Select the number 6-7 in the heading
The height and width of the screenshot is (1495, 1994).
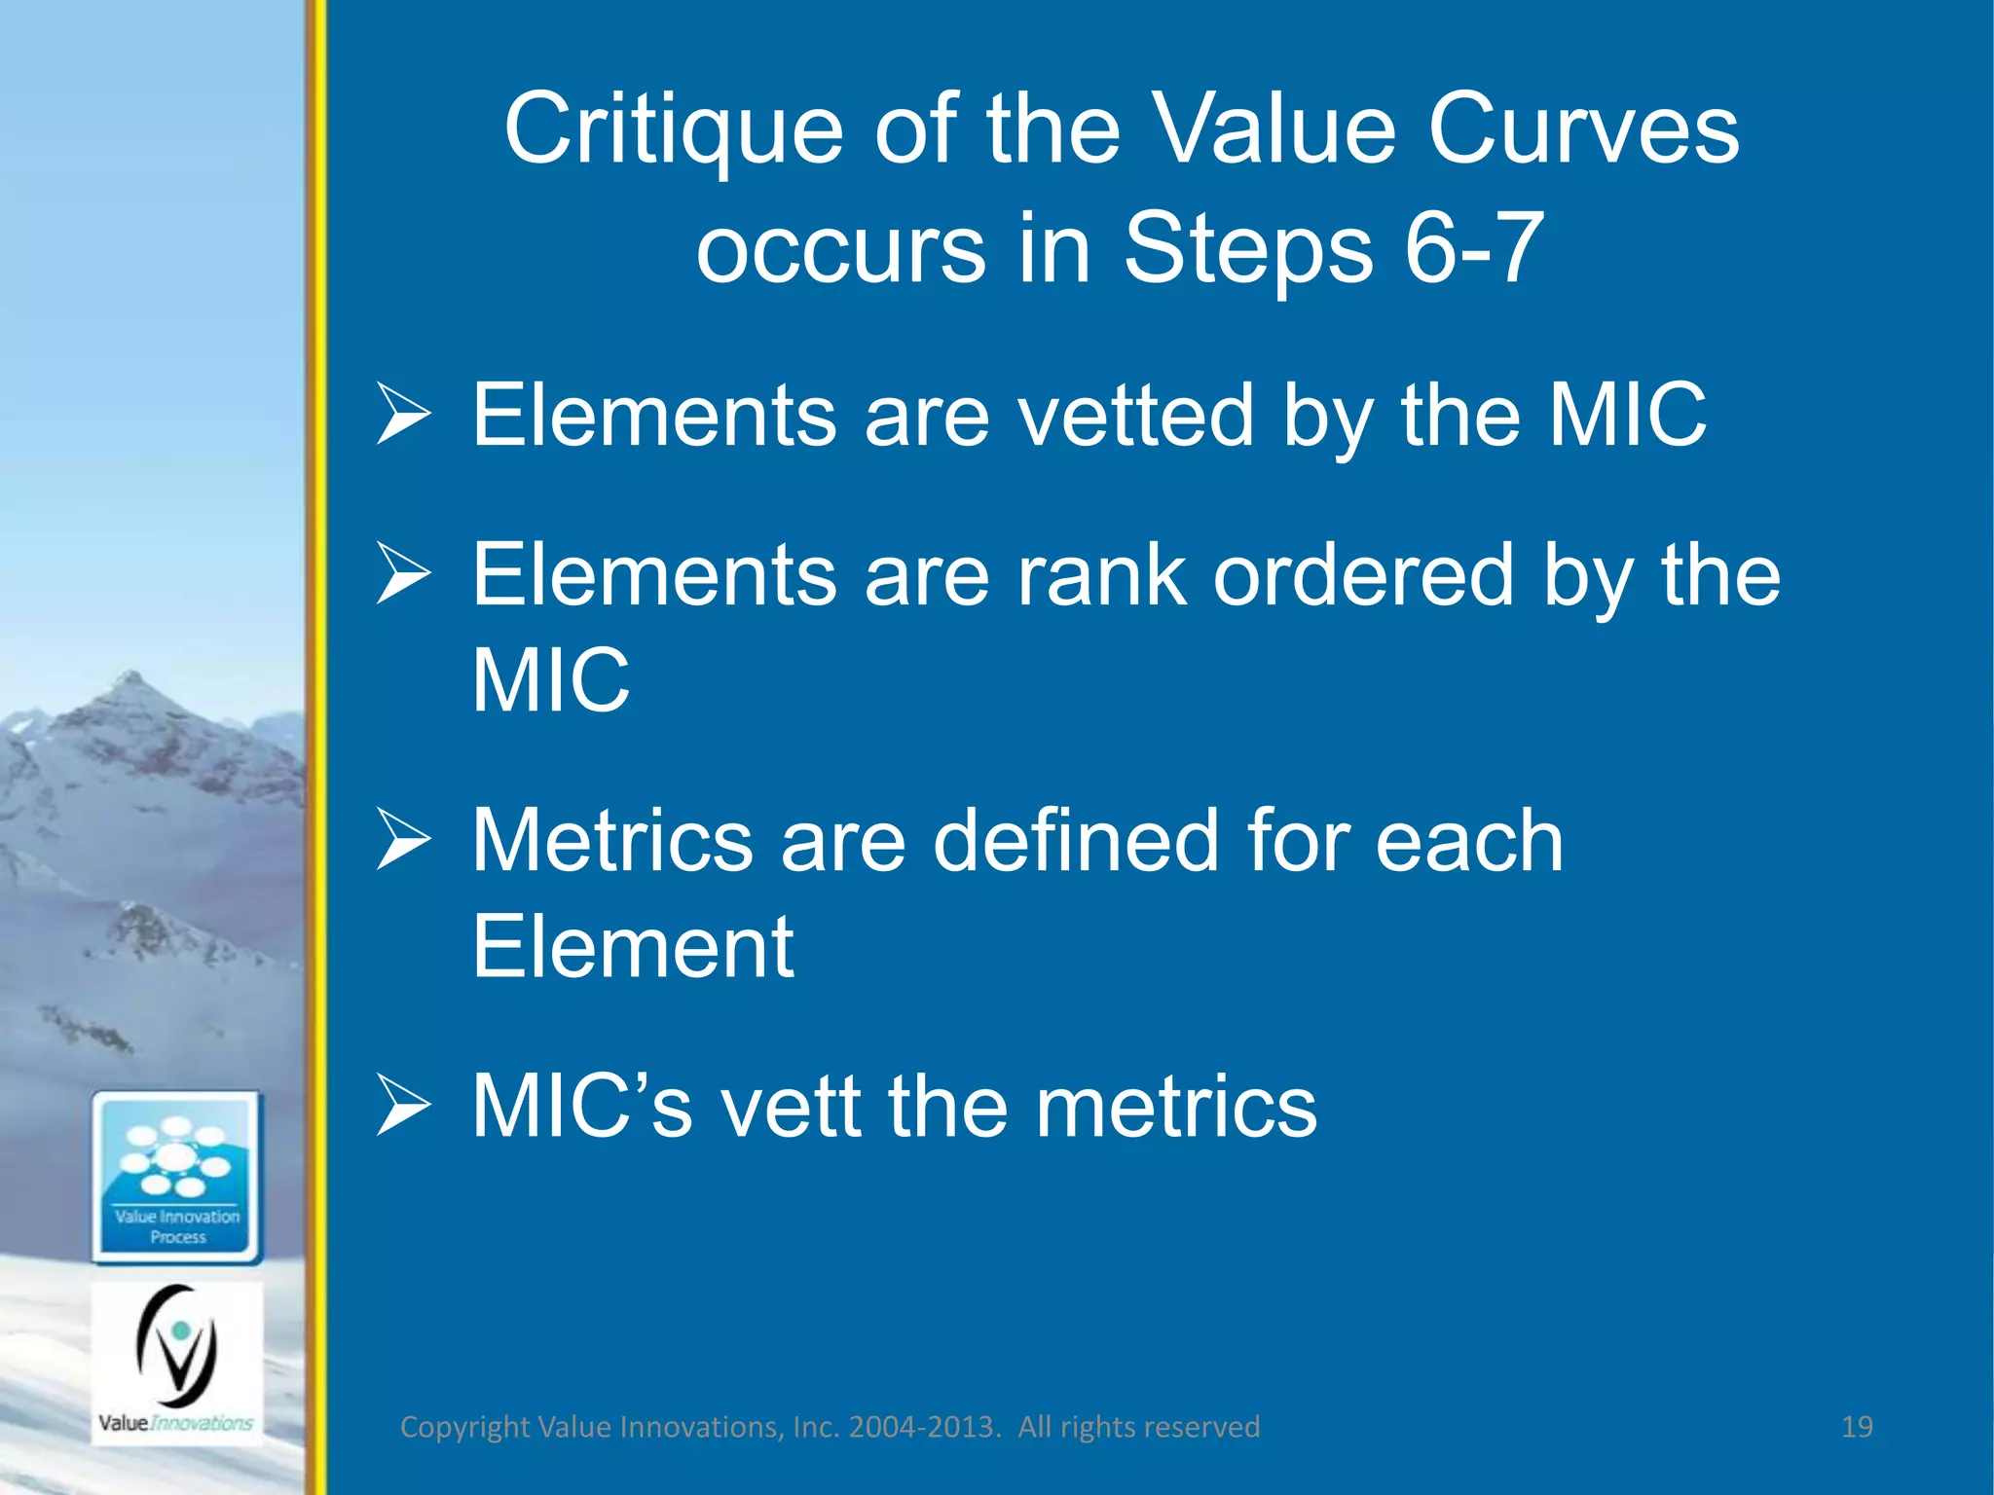click(x=1474, y=248)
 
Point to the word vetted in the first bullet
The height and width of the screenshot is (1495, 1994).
click(x=1135, y=416)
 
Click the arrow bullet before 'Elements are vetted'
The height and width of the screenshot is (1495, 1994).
click(x=403, y=416)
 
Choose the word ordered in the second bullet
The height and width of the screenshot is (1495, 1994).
click(x=1364, y=575)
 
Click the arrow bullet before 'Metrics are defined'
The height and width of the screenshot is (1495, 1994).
click(x=403, y=841)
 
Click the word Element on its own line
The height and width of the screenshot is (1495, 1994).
click(x=633, y=947)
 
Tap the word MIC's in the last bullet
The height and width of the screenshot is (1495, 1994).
click(x=581, y=1107)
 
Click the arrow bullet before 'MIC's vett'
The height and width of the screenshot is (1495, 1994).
click(x=403, y=1107)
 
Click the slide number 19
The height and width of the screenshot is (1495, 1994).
click(x=1857, y=1427)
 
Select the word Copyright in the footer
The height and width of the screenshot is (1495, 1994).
click(x=465, y=1427)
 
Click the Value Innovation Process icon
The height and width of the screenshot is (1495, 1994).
click(x=177, y=1178)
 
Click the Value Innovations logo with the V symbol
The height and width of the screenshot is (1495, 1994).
click(x=177, y=1363)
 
